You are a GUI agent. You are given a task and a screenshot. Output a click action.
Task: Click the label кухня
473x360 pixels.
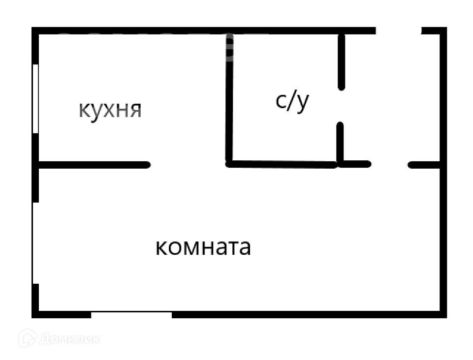(x=110, y=110)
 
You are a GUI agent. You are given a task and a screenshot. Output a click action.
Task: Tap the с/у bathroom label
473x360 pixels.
(x=292, y=101)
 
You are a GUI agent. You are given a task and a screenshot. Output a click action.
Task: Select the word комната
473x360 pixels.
(x=203, y=247)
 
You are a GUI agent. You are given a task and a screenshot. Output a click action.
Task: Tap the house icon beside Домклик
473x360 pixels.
(x=27, y=338)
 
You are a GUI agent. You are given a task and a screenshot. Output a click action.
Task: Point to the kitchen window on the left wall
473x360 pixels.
(x=35, y=98)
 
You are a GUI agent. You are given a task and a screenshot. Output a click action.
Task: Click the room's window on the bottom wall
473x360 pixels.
(x=131, y=314)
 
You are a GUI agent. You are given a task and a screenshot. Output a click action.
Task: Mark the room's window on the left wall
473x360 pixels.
(x=34, y=242)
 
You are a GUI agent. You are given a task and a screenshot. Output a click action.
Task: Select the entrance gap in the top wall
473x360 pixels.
(x=399, y=30)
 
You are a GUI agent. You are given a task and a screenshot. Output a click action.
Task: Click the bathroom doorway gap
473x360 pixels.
(x=341, y=106)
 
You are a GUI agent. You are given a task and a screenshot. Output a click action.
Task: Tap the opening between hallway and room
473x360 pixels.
(x=389, y=165)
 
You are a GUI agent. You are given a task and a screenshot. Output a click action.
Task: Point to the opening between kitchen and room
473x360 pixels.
(x=188, y=165)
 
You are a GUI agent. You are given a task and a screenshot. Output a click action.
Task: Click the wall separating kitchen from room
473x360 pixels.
(x=94, y=165)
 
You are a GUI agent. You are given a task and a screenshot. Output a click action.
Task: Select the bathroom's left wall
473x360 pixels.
(x=229, y=98)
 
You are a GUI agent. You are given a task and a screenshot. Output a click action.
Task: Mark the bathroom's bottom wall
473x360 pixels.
(x=283, y=164)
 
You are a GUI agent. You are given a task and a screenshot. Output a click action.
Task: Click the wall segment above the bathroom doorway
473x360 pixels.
(x=342, y=61)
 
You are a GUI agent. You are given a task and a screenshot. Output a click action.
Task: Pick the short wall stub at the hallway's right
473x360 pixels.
(x=424, y=165)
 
